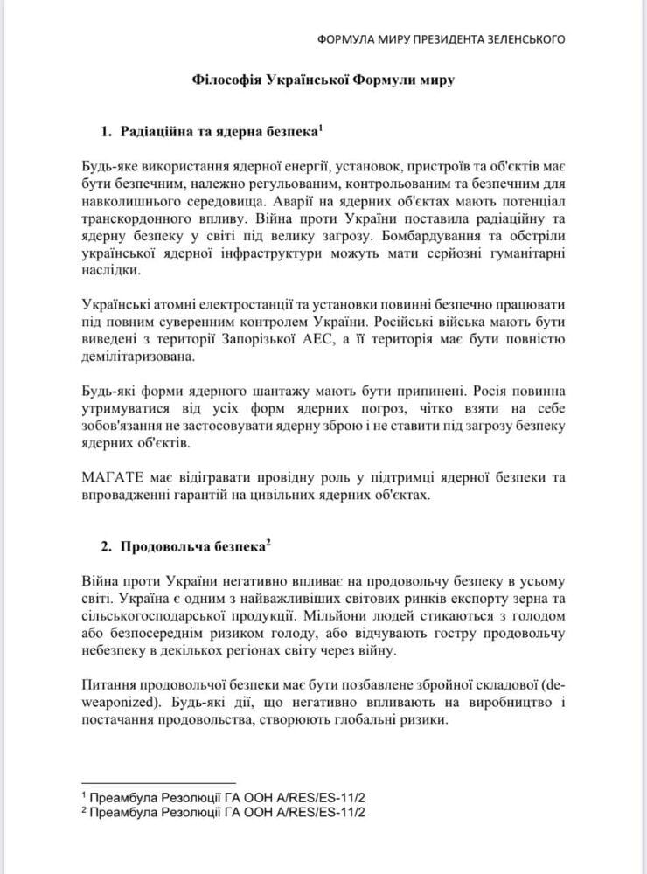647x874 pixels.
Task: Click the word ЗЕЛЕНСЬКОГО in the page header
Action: click(x=522, y=38)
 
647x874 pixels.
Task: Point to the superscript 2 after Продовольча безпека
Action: click(x=268, y=542)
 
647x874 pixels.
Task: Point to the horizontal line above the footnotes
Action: click(x=157, y=783)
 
